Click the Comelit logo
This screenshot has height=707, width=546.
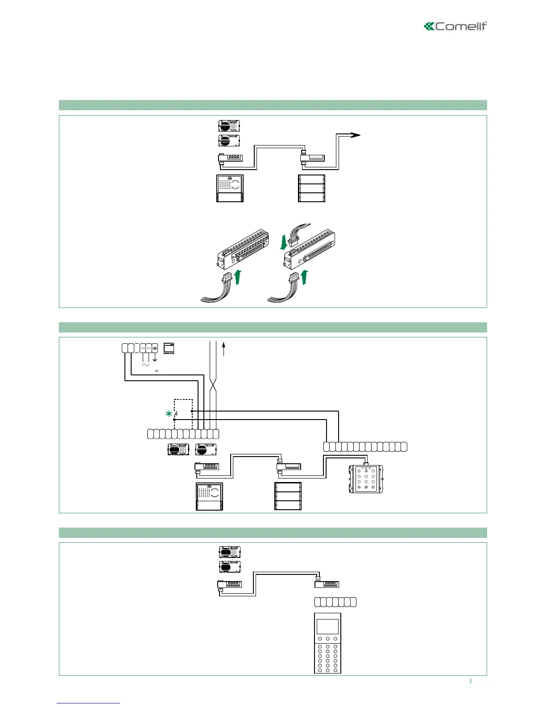click(455, 26)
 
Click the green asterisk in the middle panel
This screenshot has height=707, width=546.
click(169, 414)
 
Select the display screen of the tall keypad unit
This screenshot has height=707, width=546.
click(327, 627)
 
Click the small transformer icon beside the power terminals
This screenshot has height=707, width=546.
click(169, 348)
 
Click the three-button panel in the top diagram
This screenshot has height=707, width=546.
click(311, 188)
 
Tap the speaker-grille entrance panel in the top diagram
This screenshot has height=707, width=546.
click(230, 188)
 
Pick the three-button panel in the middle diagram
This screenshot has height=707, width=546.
click(288, 496)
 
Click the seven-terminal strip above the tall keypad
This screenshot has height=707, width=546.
click(335, 602)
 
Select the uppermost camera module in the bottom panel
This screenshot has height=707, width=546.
click(230, 552)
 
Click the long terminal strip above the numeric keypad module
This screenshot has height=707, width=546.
click(365, 446)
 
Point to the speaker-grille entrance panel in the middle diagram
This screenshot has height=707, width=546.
click(209, 496)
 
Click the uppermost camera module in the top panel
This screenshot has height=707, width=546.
click(229, 126)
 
